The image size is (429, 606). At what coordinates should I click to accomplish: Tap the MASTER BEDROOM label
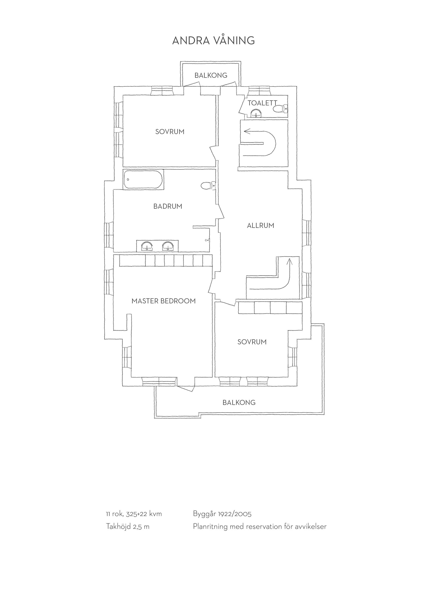tap(164, 301)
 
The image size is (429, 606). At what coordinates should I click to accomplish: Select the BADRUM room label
tap(168, 206)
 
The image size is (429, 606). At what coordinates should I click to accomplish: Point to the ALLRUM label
tap(261, 225)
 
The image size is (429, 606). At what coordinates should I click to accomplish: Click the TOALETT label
tap(262, 103)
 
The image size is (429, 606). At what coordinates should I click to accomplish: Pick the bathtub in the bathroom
tap(143, 179)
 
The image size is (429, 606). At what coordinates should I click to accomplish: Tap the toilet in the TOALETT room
tap(280, 108)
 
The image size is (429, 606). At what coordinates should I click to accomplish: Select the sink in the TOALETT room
tap(256, 113)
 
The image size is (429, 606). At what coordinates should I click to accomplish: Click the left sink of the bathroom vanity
tap(147, 246)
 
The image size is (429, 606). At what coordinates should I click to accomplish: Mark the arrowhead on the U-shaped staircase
tap(247, 131)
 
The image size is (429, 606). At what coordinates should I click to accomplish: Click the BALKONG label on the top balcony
tap(211, 75)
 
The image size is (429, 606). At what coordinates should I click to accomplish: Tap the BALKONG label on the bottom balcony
tap(239, 402)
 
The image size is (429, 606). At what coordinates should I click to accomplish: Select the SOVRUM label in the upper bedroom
tap(170, 132)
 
